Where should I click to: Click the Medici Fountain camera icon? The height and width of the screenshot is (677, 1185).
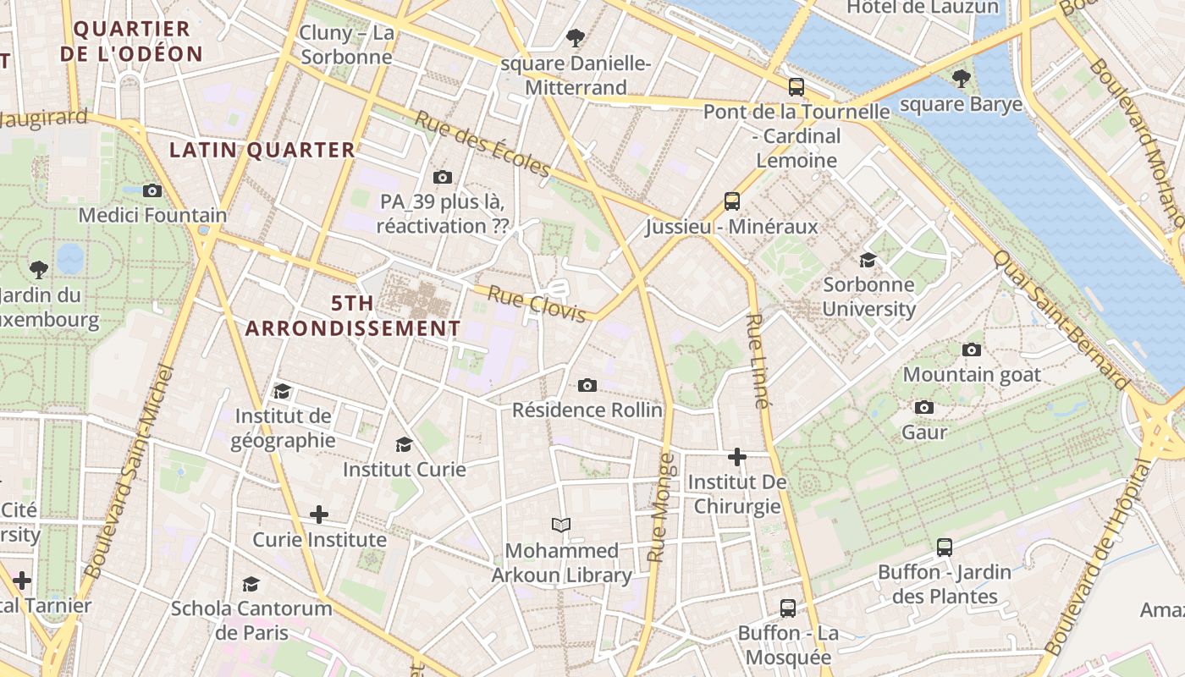(152, 190)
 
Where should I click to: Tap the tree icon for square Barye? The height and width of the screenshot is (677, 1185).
(961, 79)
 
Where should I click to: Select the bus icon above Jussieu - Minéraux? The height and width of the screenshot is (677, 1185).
(732, 201)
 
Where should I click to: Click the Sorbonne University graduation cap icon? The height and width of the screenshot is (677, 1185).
(868, 259)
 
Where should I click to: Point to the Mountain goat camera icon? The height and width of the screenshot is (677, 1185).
(972, 350)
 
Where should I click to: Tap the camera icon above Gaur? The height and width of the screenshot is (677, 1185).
(924, 407)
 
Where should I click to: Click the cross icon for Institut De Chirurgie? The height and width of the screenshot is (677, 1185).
(737, 457)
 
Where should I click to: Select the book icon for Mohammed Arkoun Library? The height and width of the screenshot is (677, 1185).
(561, 525)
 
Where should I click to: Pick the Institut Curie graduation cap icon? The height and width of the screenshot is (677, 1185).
(404, 444)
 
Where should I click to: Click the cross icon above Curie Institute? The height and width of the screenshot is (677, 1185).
(319, 515)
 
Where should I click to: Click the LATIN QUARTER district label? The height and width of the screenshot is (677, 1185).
(262, 151)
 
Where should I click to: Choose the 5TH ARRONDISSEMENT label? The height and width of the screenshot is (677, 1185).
(353, 316)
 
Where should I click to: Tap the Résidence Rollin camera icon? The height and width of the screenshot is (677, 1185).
(587, 386)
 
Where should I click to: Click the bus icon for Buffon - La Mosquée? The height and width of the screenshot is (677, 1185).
(788, 608)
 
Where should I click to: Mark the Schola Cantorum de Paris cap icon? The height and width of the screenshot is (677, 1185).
(251, 584)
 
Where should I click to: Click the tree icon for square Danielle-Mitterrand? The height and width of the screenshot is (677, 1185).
(576, 37)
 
